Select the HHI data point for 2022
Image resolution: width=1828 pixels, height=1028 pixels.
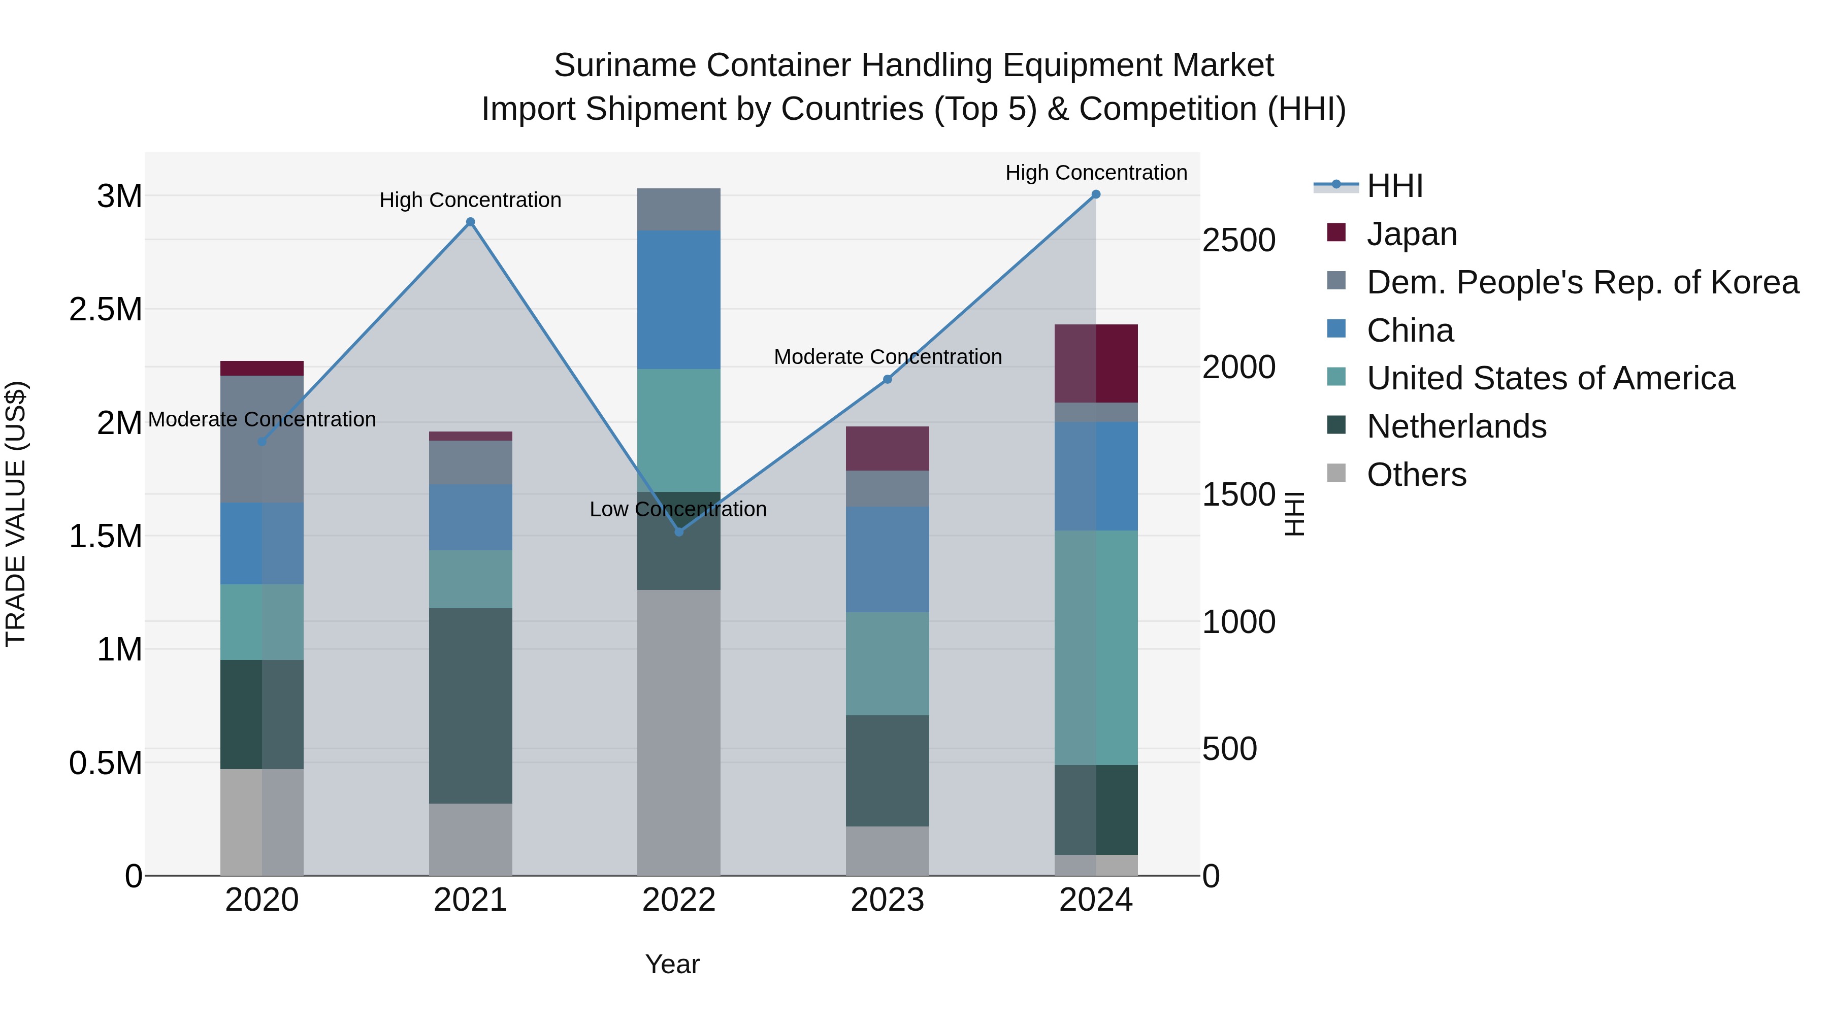click(678, 532)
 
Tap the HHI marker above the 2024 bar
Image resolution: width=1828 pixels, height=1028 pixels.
click(1096, 194)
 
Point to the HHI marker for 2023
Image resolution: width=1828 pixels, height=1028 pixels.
click(887, 380)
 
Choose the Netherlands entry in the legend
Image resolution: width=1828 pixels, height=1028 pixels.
click(1456, 426)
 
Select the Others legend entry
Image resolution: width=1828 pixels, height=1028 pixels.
click(1416, 475)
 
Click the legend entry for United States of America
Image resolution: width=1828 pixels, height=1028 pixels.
click(1550, 378)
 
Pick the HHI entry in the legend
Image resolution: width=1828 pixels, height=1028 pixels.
click(1394, 186)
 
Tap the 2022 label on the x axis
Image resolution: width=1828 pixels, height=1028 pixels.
click(678, 900)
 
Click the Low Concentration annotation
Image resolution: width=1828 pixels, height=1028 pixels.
click(678, 509)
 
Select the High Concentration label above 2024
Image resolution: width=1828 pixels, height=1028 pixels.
click(1096, 173)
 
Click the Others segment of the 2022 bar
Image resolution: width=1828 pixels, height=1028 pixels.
click(678, 732)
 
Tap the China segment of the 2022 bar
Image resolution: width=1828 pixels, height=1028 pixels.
click(678, 300)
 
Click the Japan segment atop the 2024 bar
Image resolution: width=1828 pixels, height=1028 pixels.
click(1096, 363)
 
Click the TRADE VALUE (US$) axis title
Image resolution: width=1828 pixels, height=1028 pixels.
click(16, 514)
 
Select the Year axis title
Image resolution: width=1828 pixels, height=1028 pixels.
click(672, 964)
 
